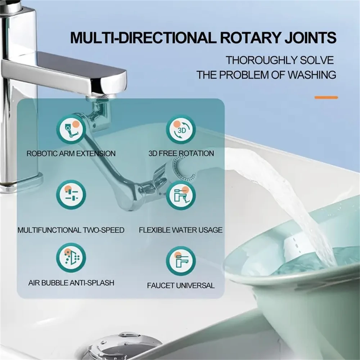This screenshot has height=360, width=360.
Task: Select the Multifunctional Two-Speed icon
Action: [71, 195]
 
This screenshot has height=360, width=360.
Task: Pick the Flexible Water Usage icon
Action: [181, 195]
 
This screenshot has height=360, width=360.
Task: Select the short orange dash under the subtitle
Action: [326, 97]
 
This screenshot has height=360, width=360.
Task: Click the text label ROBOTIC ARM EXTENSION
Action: [71, 153]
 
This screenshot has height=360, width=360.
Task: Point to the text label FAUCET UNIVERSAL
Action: [181, 286]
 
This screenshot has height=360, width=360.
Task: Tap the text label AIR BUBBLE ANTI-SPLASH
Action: [71, 283]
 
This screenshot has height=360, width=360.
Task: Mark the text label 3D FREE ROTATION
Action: [181, 153]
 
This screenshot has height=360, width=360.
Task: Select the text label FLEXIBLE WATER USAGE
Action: [181, 230]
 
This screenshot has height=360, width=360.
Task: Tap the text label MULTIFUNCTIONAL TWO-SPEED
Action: [71, 230]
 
